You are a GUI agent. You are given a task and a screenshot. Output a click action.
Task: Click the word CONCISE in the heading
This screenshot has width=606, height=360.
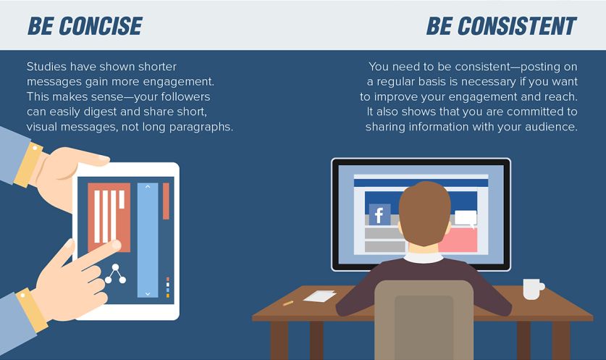coord(101,26)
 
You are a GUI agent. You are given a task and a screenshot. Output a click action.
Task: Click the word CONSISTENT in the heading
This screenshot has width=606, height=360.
coord(517,26)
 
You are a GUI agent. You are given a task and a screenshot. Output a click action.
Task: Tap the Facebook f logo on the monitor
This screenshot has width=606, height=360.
coord(379,214)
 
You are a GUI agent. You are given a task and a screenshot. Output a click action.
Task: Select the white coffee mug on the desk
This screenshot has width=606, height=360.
coord(534,289)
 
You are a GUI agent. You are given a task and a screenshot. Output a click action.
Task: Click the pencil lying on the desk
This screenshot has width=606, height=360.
coord(288,304)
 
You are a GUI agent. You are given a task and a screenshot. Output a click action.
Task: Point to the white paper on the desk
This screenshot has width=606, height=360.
coord(319,296)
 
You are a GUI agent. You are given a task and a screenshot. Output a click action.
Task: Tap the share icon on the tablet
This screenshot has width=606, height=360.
coord(115,274)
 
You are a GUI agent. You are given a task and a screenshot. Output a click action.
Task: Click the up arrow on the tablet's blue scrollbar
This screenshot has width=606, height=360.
coord(148,187)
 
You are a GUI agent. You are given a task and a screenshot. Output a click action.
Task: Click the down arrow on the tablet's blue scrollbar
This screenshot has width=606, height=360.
coord(148,294)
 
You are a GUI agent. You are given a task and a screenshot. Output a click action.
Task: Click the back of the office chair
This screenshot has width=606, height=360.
coord(424,321)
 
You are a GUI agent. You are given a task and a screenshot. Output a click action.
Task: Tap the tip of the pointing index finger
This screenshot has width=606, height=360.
coord(117,245)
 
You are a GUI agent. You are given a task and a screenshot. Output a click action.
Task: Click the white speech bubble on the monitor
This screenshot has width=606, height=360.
coord(465,218)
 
